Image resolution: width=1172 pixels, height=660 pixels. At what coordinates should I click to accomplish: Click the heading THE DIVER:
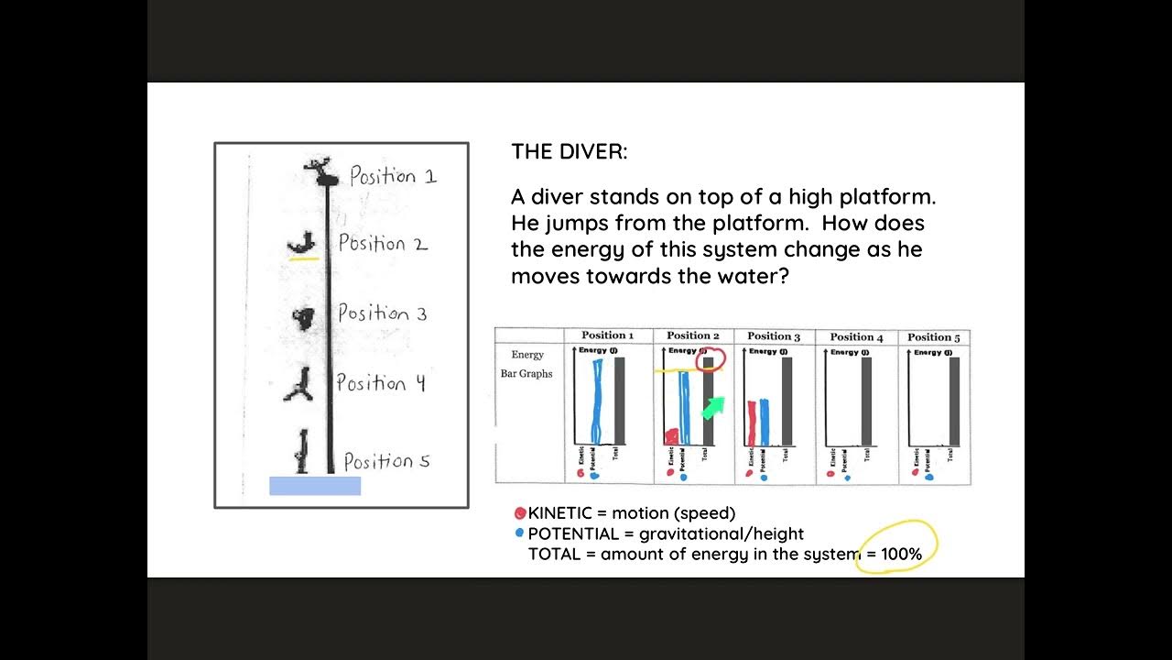(570, 152)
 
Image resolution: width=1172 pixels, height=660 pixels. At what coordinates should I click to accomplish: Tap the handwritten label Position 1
(393, 176)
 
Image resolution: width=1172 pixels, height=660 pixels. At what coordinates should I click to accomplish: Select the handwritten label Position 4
(380, 383)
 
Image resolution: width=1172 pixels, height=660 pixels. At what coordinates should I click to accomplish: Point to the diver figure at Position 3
(303, 317)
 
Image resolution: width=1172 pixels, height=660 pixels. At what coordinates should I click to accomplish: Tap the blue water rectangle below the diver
(314, 486)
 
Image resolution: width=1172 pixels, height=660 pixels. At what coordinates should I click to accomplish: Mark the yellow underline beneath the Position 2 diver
(303, 259)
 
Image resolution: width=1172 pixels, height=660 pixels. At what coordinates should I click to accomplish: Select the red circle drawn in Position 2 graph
(710, 360)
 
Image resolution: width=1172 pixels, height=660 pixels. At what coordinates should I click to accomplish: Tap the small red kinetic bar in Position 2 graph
(672, 436)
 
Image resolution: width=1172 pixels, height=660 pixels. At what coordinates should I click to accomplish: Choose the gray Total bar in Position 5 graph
(954, 401)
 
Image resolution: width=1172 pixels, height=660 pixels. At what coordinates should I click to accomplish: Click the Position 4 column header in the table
(856, 336)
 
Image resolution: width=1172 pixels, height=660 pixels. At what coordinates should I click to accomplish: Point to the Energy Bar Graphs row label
(526, 364)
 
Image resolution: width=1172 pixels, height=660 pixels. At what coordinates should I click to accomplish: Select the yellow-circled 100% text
(901, 554)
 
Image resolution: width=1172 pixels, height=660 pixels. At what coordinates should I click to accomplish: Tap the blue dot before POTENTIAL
(520, 533)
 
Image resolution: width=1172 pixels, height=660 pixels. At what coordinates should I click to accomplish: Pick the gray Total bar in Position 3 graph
(785, 401)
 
